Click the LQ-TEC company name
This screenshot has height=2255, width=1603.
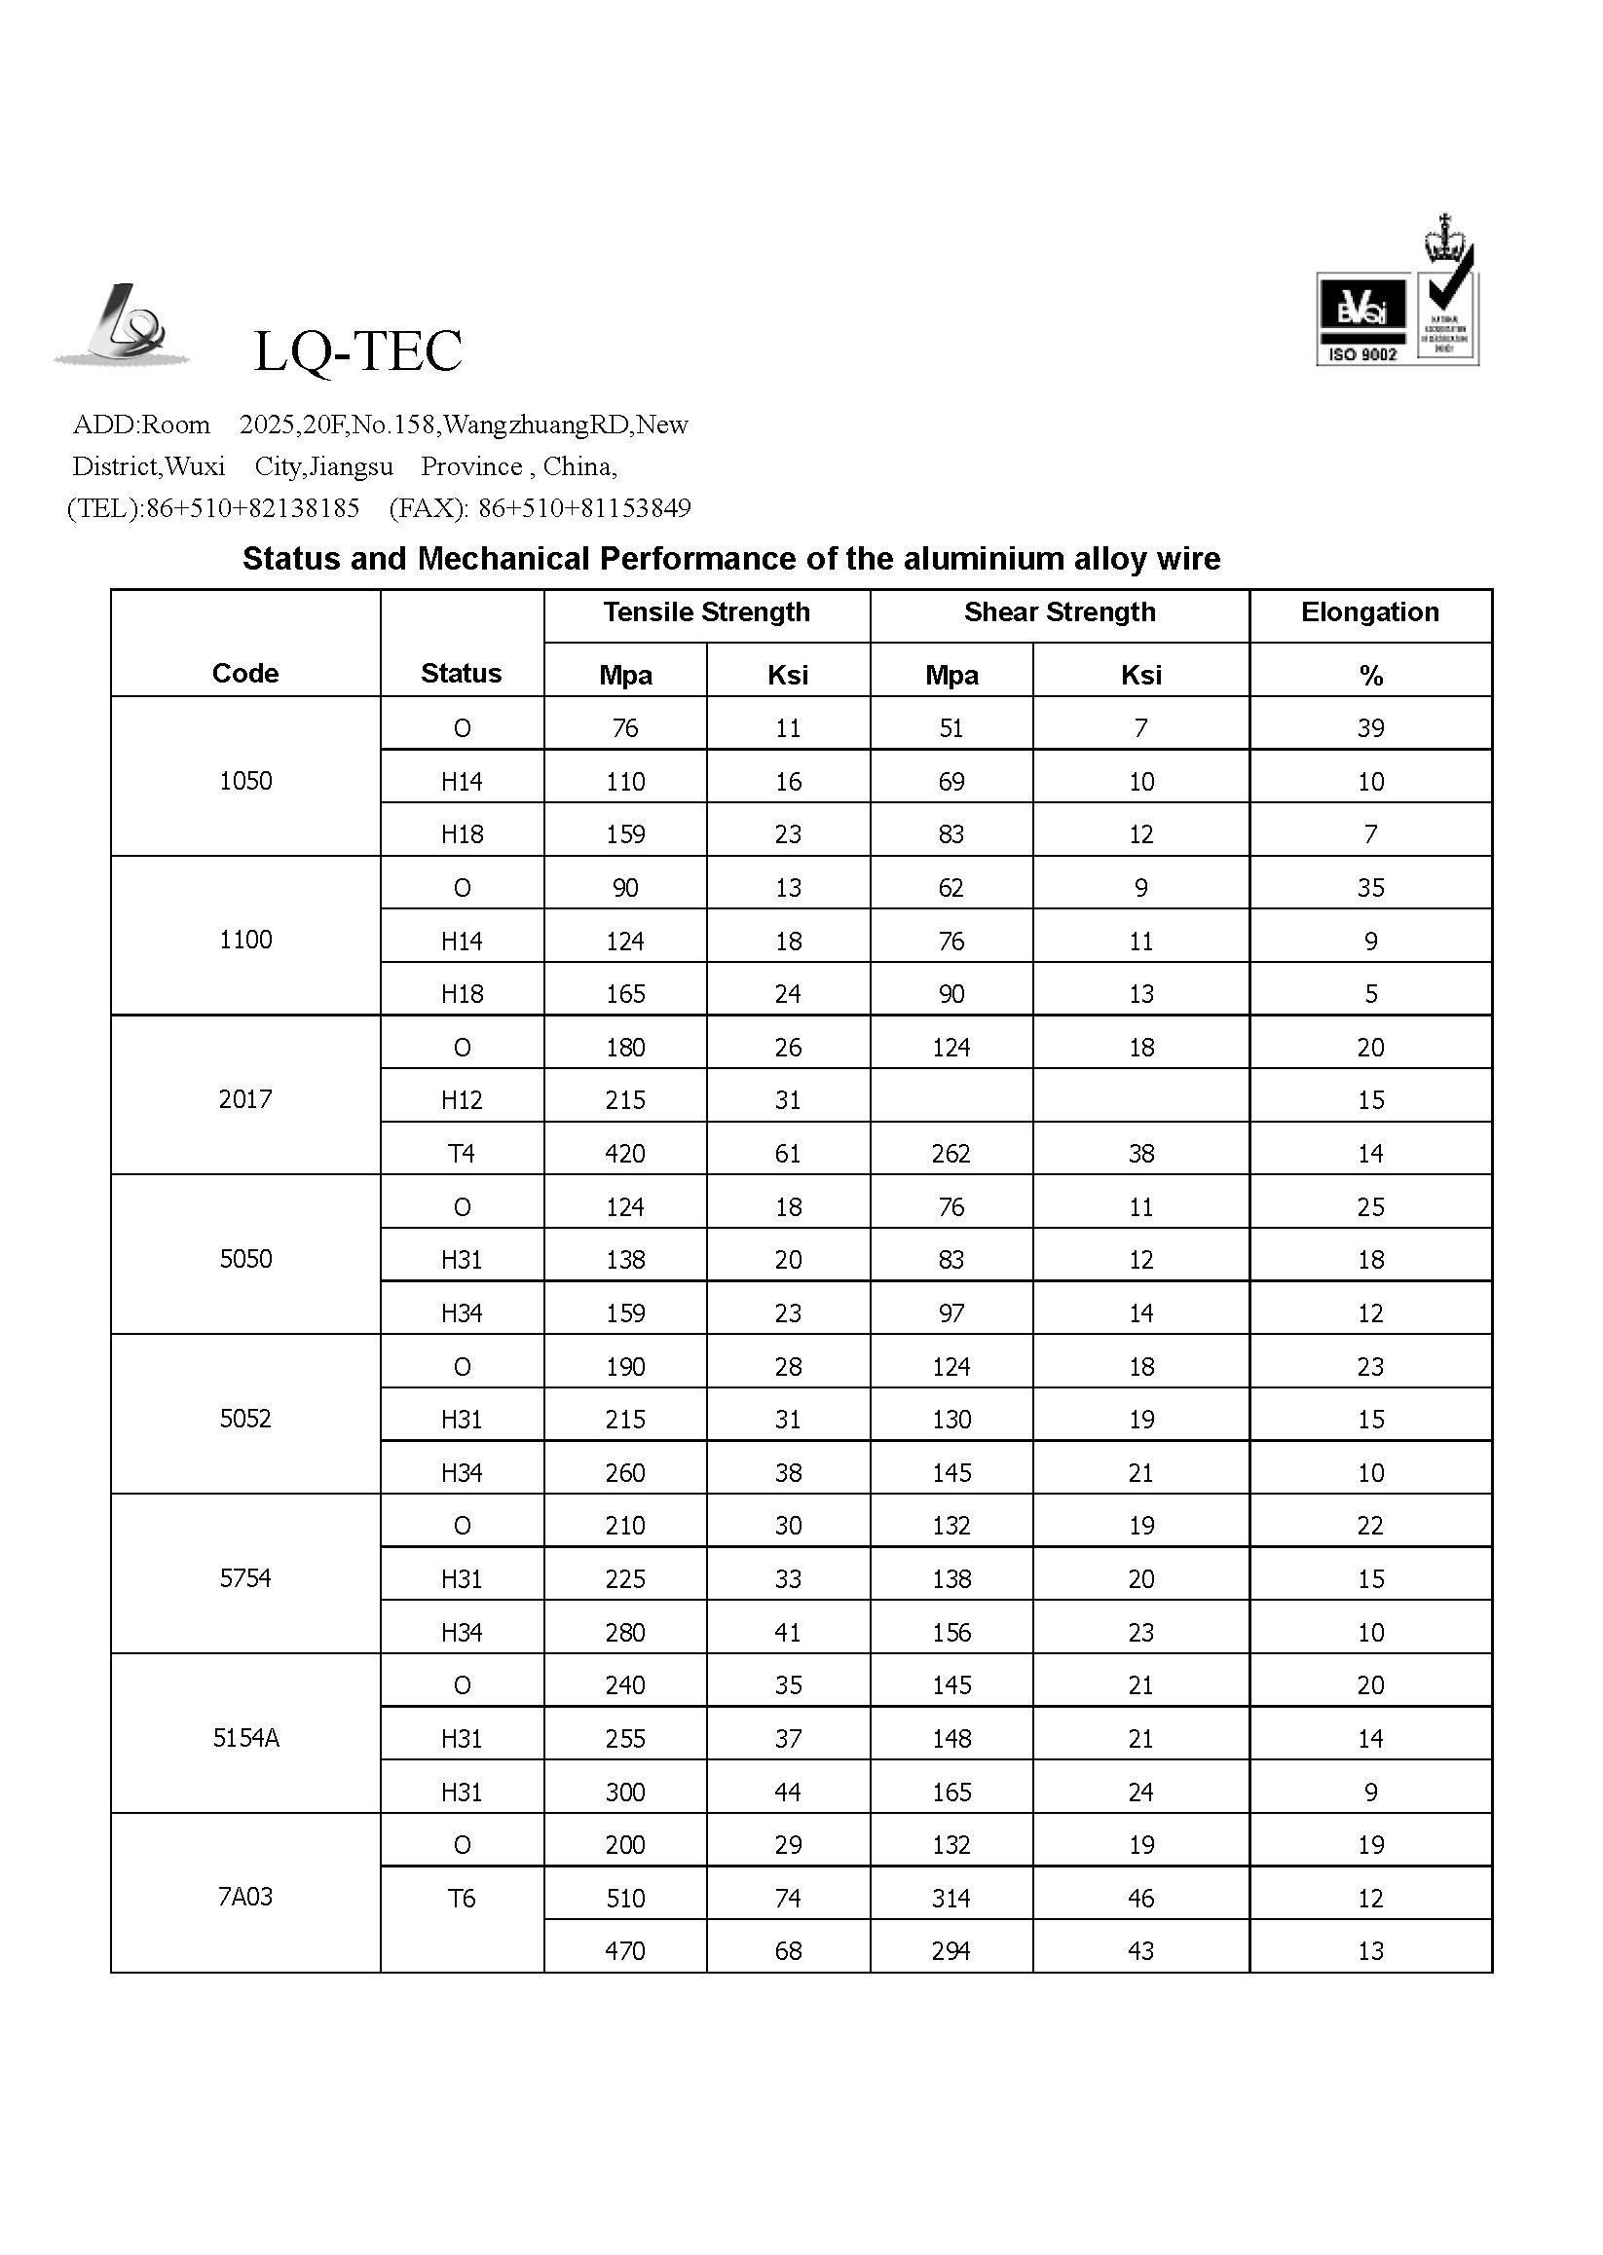click(357, 351)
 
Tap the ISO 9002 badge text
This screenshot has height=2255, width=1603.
click(1362, 354)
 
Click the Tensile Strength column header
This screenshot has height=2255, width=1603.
click(706, 611)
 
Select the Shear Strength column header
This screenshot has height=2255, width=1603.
click(1060, 611)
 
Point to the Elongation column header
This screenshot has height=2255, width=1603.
click(1369, 611)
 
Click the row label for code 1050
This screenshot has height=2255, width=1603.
click(244, 781)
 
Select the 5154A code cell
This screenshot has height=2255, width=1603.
click(245, 1738)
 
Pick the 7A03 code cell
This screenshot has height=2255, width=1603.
click(244, 1896)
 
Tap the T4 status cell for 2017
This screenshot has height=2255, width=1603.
click(461, 1153)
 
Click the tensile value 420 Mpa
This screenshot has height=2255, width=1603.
click(625, 1153)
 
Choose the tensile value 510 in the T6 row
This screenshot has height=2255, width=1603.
click(625, 1898)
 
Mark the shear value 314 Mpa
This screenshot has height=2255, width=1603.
click(951, 1898)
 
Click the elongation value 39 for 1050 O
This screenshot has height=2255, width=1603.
click(1370, 727)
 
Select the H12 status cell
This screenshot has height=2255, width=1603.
click(461, 1099)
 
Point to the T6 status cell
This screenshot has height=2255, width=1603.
click(461, 1898)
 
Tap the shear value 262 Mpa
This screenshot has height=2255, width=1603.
click(951, 1153)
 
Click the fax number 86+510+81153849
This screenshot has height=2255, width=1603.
click(583, 508)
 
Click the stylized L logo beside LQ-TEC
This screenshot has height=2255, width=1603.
click(124, 325)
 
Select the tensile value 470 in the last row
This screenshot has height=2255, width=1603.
click(625, 1950)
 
